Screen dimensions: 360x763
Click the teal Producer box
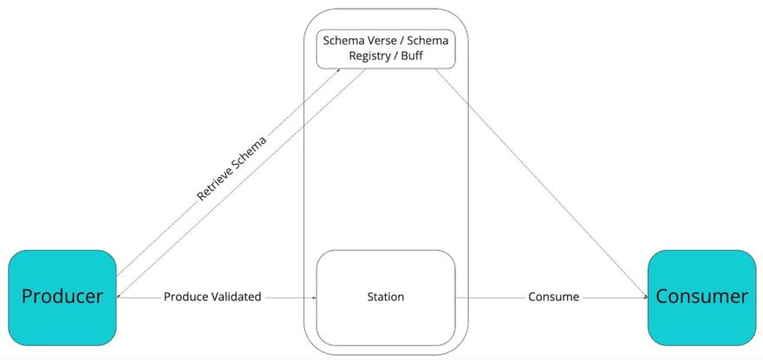(62, 296)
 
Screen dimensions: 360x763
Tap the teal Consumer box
(701, 296)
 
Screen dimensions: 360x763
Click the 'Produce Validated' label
(212, 297)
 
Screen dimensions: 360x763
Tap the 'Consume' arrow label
(553, 297)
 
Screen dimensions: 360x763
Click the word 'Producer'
(62, 296)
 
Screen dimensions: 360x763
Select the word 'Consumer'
(701, 296)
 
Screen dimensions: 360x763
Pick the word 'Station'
(385, 297)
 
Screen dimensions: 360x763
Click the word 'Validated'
(234, 297)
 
